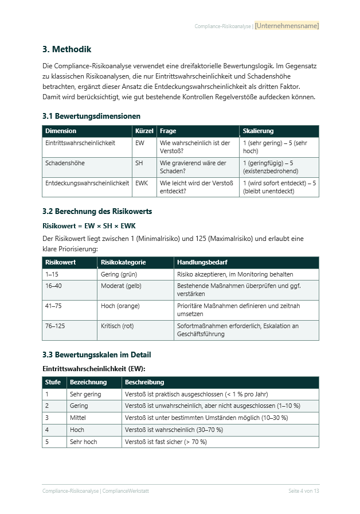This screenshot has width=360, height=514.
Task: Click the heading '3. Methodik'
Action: tap(66, 49)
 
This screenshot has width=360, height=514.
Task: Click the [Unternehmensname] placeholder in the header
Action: tap(287, 26)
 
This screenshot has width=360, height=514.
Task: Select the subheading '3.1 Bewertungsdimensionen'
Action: tap(91, 116)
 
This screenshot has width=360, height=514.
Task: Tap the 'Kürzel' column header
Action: tap(144, 131)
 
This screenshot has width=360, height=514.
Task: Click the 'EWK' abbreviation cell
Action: tap(142, 184)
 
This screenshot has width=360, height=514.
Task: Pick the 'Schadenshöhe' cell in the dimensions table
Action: tap(65, 163)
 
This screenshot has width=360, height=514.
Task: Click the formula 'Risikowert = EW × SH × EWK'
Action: tap(89, 226)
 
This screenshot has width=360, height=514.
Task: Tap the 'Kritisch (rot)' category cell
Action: tap(117, 326)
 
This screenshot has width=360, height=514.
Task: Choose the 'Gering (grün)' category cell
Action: tap(119, 274)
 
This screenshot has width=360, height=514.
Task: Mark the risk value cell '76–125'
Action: tap(55, 326)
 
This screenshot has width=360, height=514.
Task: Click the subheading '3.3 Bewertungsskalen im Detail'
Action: tap(97, 355)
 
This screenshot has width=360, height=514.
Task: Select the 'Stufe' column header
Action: tap(53, 382)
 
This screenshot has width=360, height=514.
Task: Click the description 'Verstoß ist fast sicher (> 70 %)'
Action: tap(166, 442)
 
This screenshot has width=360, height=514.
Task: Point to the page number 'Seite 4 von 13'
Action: tap(303, 491)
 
